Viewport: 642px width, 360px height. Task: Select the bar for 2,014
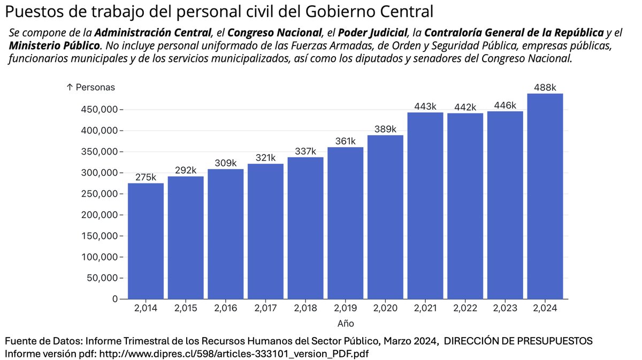pos(146,241)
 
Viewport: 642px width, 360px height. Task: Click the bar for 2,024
pos(545,196)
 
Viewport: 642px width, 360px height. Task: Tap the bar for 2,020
pos(385,217)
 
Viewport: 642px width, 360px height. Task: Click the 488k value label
pos(545,88)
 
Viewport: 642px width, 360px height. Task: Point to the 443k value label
pos(425,106)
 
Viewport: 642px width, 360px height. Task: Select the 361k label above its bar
pos(345,141)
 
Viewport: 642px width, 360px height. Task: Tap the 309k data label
pos(225,163)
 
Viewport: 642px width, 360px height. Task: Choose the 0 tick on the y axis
pos(115,298)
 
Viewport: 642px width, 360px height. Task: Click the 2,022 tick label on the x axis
pos(465,309)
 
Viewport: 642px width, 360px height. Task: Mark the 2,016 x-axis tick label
pos(225,309)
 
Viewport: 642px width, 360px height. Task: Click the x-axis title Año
pos(345,324)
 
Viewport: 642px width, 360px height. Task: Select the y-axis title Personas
pos(90,87)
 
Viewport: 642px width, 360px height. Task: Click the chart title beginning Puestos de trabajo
pos(219,11)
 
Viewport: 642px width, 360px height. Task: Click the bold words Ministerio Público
pos(54,45)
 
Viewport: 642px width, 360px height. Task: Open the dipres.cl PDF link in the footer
pos(234,354)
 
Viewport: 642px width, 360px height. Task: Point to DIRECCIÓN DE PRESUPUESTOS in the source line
pos(518,341)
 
